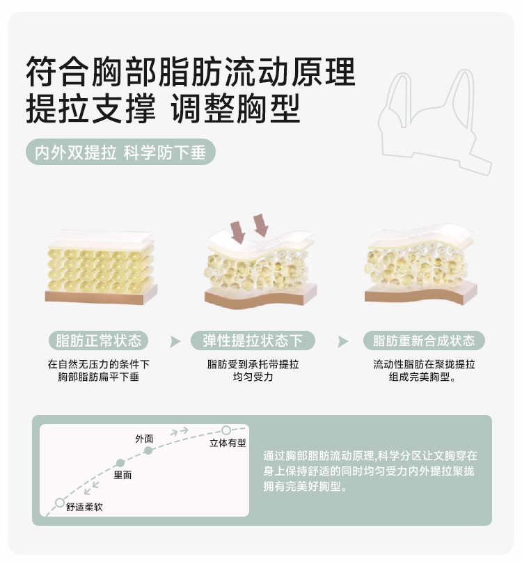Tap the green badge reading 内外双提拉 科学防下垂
pos(121,152)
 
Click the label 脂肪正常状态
pos(99,340)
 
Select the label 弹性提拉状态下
pos(253,340)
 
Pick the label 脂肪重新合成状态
pos(424,340)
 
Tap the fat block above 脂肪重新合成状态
pos(421,266)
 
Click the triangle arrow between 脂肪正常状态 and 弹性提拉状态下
pos(175,341)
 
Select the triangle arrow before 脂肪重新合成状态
pos(342,341)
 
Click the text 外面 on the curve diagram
pos(144,439)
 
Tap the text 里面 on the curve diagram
pos(122,475)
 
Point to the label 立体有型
pos(228,443)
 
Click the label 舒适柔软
pos(84,507)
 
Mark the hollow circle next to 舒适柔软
pos(60,503)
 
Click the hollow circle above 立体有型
pos(226,430)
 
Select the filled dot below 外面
pos(148,451)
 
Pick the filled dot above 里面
pos(120,463)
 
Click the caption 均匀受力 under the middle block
pos(253,377)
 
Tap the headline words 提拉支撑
pos(90,108)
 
